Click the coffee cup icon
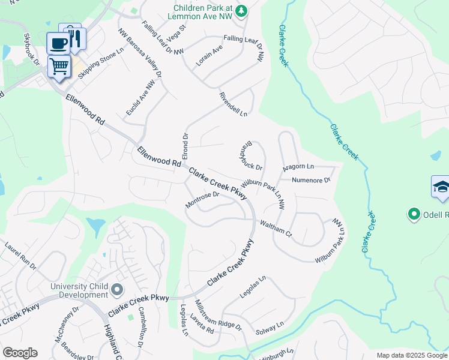pyautogui.click(x=58, y=42)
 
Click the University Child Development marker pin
pyautogui.click(x=117, y=290)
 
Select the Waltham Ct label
pyautogui.click(x=275, y=228)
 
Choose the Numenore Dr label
pyautogui.click(x=311, y=180)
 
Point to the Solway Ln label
pyautogui.click(x=270, y=328)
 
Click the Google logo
pyautogui.click(x=20, y=353)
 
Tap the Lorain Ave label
pyautogui.click(x=209, y=56)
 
